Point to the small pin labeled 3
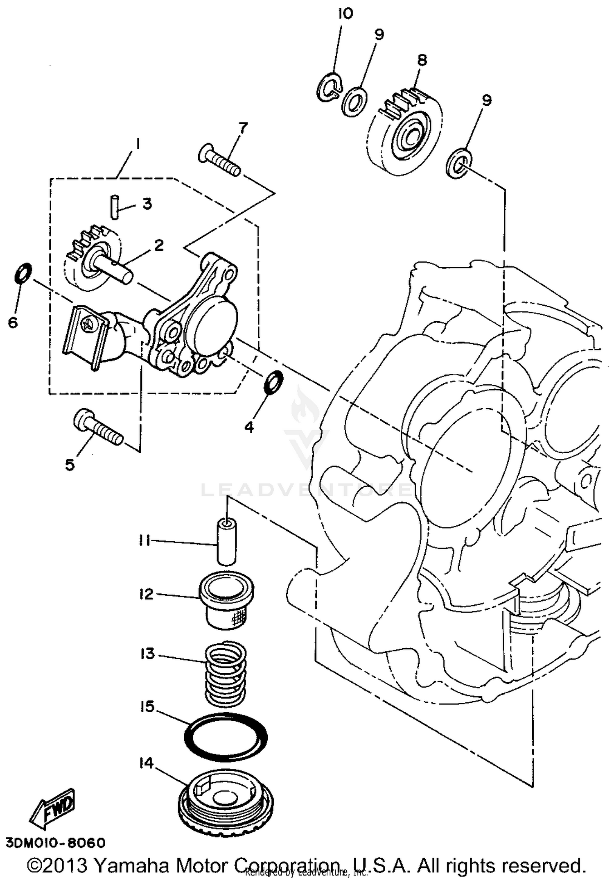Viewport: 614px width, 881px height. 115,208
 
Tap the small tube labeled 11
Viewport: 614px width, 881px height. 226,542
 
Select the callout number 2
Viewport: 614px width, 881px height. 158,246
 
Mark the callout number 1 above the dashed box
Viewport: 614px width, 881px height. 138,145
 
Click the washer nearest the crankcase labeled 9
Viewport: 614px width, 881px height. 458,164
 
